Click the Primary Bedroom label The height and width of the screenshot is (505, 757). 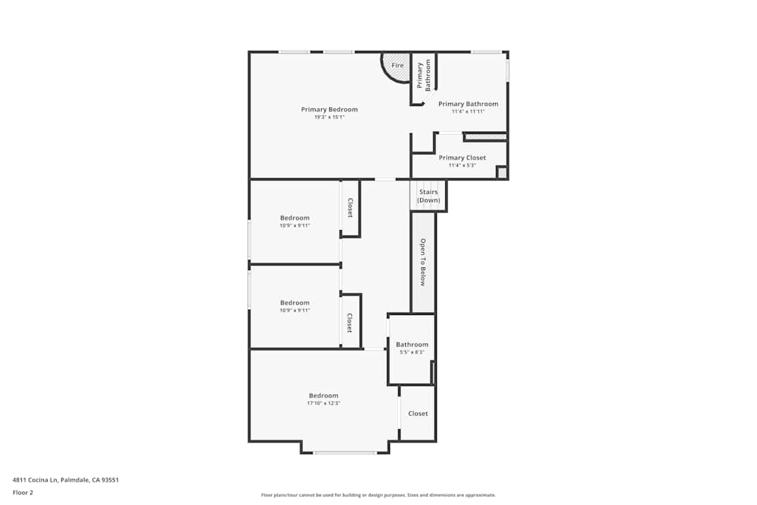[329, 110]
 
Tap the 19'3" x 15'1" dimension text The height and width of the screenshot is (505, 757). [329, 117]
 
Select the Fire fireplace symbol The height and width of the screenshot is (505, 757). [397, 65]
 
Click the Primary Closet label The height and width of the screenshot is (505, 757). [463, 157]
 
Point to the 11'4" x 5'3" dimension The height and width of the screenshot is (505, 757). [463, 165]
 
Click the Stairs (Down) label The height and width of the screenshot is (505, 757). [428, 196]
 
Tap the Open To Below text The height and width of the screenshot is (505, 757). [423, 262]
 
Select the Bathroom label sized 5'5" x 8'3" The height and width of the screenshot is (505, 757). [412, 344]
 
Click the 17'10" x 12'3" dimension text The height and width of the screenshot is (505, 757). [323, 403]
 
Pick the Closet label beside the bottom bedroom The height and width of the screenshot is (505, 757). [418, 413]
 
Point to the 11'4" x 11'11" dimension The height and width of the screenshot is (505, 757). [468, 111]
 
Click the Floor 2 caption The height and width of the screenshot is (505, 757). [23, 492]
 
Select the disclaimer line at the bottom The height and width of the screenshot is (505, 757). [378, 495]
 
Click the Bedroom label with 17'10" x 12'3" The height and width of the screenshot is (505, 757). [323, 395]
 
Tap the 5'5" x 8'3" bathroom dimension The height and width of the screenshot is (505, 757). [412, 352]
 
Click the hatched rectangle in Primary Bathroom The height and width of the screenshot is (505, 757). [484, 137]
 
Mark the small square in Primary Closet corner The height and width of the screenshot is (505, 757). [502, 173]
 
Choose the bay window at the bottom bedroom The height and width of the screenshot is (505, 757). [345, 452]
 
